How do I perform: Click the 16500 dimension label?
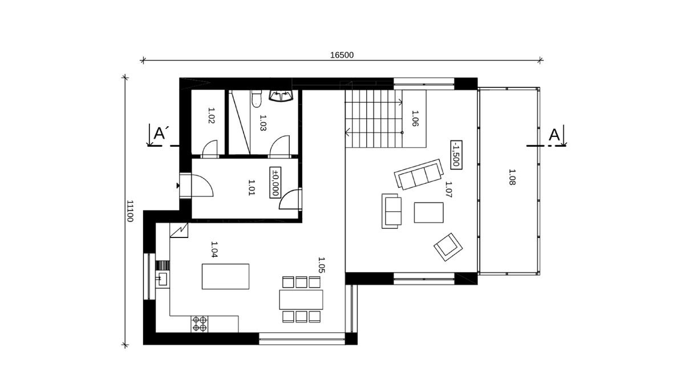tap(342, 55)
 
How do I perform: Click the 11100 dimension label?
tap(129, 211)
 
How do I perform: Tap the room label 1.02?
tap(211, 116)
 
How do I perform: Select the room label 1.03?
tap(263, 123)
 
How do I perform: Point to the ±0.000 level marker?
tap(275, 182)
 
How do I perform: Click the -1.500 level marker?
tap(456, 155)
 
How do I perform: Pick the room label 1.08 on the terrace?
tap(512, 177)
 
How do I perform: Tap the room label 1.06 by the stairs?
tap(415, 119)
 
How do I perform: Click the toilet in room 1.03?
tap(256, 98)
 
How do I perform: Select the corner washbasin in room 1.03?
tap(281, 96)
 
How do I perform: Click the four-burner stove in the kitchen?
tap(199, 324)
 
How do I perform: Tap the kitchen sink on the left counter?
tap(162, 279)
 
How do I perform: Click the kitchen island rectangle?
tap(225, 276)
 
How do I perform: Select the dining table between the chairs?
tap(301, 300)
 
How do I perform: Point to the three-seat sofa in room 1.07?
tap(419, 174)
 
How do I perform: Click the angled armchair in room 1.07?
tap(448, 247)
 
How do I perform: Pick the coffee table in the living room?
tap(428, 213)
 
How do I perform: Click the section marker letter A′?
tap(161, 133)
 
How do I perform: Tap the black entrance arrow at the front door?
tap(178, 186)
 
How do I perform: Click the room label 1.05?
tap(321, 265)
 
